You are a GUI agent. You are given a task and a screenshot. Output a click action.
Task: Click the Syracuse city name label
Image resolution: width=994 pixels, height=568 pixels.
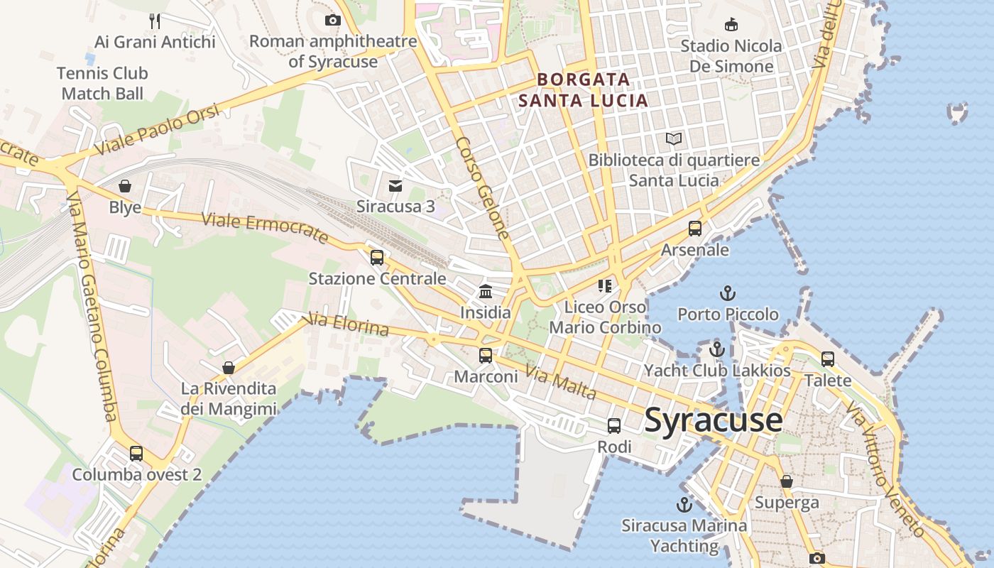pos(714,420)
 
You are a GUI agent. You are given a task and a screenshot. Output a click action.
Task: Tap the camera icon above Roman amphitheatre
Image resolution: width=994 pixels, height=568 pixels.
pos(332,20)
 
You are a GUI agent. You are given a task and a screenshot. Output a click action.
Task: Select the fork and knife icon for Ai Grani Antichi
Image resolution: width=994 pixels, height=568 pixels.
pos(155,21)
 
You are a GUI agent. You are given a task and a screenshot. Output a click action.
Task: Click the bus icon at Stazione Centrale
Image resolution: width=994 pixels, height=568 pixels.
pos(377,257)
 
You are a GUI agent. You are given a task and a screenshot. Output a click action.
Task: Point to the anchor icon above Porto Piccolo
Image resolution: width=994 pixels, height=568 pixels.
pos(727,293)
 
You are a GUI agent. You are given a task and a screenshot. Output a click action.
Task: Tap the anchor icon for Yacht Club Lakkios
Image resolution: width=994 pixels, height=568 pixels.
pos(717,349)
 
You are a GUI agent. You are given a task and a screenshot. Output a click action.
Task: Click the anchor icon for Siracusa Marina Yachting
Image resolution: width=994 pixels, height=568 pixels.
pos(684,505)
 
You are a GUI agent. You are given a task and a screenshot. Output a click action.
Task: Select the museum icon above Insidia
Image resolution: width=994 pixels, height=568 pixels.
pos(486,291)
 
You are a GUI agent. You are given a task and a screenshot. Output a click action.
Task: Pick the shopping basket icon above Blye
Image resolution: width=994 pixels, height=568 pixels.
pos(125,186)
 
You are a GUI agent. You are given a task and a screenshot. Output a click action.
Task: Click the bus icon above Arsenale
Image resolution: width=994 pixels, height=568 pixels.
pos(695,229)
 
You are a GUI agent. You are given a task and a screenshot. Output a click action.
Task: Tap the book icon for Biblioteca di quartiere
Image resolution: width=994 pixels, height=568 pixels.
pos(674,138)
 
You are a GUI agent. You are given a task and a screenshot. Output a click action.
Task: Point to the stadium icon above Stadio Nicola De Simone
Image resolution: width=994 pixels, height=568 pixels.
pos(731,24)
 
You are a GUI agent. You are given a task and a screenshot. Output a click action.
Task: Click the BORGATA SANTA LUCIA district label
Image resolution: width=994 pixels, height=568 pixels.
pos(583,89)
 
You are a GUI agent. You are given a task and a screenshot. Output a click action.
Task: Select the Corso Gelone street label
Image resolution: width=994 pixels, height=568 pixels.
pos(483,187)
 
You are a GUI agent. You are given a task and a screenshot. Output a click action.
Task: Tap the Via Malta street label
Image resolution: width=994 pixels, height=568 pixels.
pos(560,381)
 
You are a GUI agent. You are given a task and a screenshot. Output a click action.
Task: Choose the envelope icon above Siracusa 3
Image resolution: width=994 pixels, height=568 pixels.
pos(395,186)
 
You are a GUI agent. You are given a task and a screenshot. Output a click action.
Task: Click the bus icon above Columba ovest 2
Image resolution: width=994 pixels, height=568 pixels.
pos(136,453)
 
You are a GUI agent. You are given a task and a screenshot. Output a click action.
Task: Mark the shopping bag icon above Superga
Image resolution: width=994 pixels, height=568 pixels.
pos(787,481)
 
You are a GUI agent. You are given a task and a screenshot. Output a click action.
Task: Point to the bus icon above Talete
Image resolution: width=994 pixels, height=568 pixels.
pos(828,359)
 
